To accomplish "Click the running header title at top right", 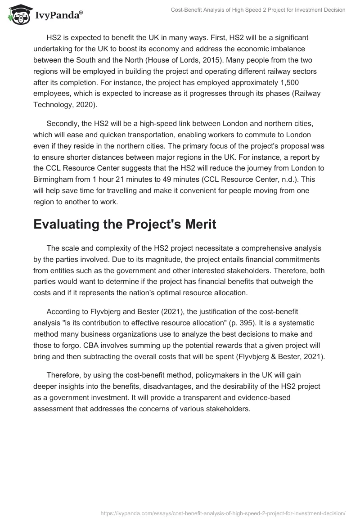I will pyautogui.click(x=258, y=9).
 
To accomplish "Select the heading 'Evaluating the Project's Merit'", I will pyautogui.click(x=125, y=225).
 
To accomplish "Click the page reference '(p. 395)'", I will pyautogui.click(x=198, y=323).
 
